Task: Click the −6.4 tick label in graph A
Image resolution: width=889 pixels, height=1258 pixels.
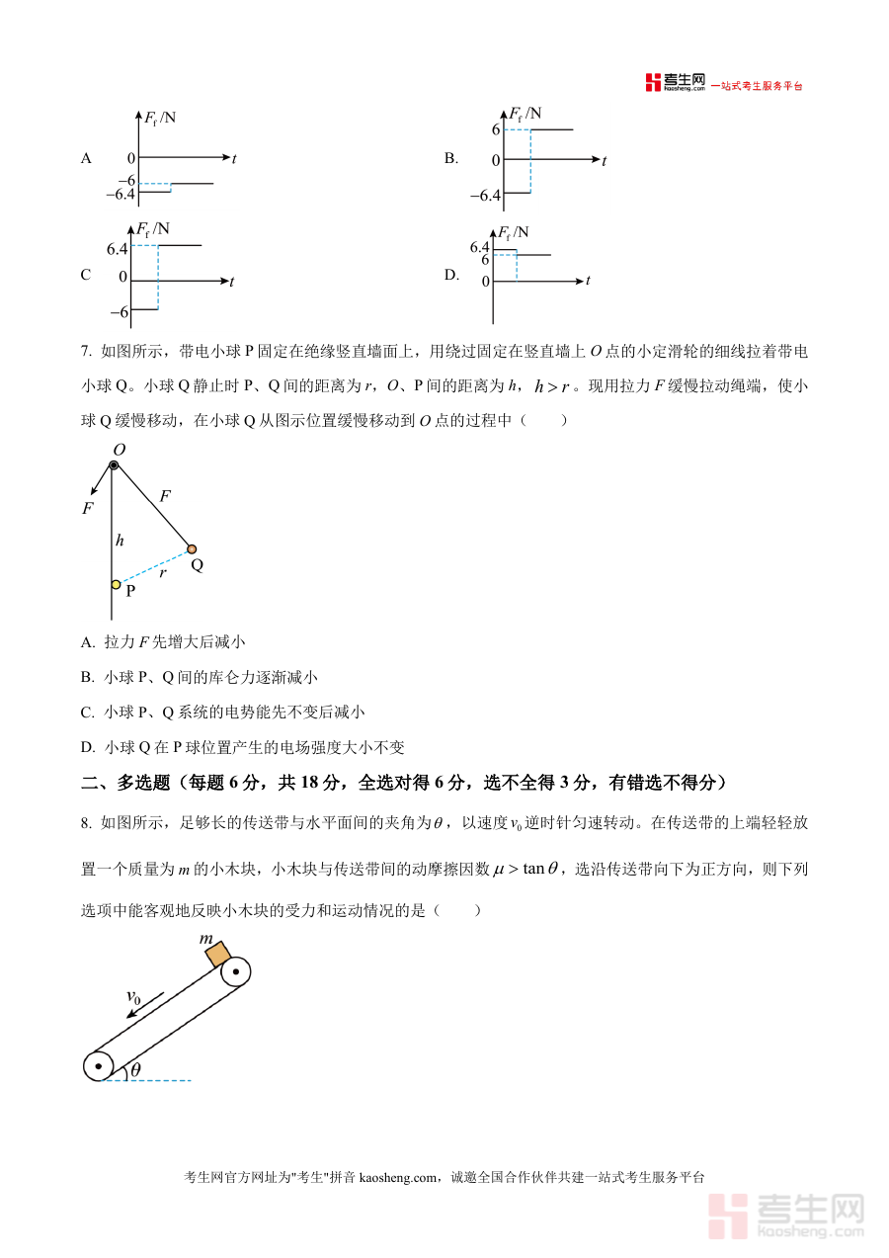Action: [x=120, y=194]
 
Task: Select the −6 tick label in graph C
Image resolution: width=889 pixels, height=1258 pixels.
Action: [x=119, y=312]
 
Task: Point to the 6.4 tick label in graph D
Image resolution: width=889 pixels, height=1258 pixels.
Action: [x=480, y=246]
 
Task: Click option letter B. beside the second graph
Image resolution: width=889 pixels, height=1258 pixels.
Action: [x=451, y=158]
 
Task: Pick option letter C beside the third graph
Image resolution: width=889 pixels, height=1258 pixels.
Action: [x=86, y=276]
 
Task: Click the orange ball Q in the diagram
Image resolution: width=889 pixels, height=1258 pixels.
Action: [x=192, y=548]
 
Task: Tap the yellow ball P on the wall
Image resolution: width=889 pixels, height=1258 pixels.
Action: [x=116, y=585]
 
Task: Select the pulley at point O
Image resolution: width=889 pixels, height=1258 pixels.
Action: [x=115, y=464]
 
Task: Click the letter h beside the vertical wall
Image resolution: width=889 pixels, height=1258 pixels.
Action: [x=120, y=540]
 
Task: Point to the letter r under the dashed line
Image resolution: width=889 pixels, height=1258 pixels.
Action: [x=162, y=571]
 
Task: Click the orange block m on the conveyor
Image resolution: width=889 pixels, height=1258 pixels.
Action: [x=217, y=950]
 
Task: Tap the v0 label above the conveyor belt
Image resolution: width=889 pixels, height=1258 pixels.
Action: [x=134, y=998]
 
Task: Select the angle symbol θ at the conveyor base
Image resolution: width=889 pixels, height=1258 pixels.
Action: [x=135, y=1069]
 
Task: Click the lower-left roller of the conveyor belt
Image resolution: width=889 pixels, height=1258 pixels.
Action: [x=99, y=1066]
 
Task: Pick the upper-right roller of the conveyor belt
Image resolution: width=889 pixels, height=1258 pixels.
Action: [x=236, y=971]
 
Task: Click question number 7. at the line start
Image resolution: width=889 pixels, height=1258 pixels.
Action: [x=87, y=351]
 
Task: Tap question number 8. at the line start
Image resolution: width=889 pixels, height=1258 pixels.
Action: [x=87, y=822]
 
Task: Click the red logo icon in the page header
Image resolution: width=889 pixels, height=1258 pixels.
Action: [x=652, y=83]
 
